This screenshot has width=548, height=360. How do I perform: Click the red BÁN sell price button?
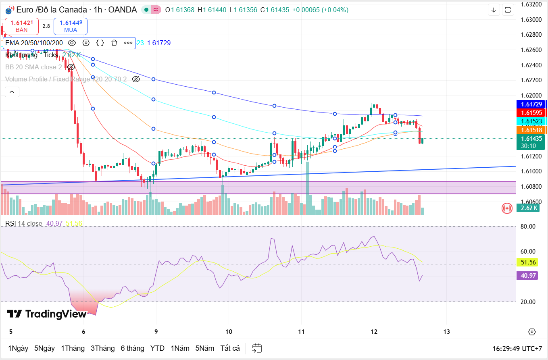(22, 26)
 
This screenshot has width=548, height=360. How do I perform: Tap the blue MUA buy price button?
(71, 26)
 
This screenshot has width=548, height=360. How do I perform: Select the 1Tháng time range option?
(73, 348)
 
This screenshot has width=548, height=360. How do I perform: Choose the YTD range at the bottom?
(157, 348)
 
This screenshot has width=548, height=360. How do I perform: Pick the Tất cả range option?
(230, 348)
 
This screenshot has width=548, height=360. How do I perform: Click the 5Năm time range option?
(204, 348)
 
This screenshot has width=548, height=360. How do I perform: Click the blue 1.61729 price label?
(531, 104)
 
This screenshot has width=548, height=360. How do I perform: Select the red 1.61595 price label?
(531, 113)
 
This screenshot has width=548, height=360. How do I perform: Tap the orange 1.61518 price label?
(531, 130)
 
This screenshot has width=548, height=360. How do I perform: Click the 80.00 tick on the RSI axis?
(528, 227)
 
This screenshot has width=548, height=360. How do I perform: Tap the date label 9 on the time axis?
(156, 332)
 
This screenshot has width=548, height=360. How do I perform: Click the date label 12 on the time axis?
(374, 332)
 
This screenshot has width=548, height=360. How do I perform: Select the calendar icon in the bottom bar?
(257, 348)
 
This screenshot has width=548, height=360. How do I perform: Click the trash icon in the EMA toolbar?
(114, 43)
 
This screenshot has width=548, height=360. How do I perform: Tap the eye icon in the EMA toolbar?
(72, 43)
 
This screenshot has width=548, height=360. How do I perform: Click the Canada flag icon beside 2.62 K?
(507, 208)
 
